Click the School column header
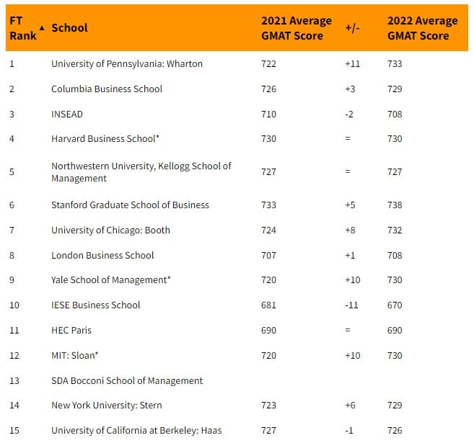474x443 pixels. tap(69, 28)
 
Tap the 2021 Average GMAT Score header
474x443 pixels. tap(296, 28)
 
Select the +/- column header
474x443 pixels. tap(353, 28)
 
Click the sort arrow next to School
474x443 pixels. tap(42, 28)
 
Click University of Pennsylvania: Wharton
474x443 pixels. tap(126, 63)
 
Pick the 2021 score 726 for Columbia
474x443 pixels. tap(268, 89)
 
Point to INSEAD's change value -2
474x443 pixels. tap(352, 114)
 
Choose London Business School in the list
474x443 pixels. tap(102, 255)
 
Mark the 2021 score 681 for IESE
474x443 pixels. tap(268, 305)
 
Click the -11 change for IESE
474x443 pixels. tap(352, 305)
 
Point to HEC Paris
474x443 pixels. tap(71, 330)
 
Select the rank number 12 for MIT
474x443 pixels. tap(14, 355)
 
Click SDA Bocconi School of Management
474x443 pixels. tap(127, 380)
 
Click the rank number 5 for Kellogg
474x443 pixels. tap(12, 171)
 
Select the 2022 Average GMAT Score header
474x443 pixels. tap(422, 28)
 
